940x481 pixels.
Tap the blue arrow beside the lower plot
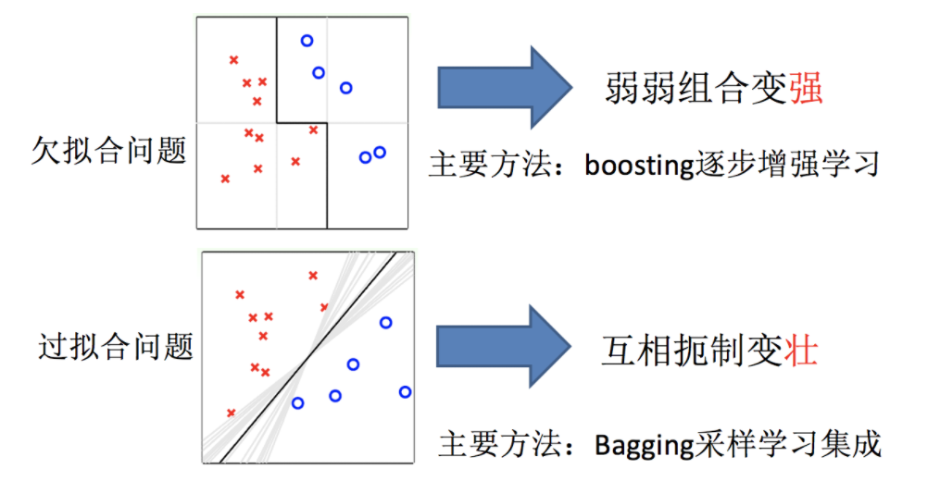pyautogui.click(x=504, y=348)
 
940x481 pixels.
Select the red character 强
pyautogui.click(x=807, y=89)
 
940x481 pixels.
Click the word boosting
pyautogui.click(x=639, y=166)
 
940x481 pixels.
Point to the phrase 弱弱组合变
pyautogui.click(x=696, y=89)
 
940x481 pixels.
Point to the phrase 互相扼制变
pyautogui.click(x=692, y=352)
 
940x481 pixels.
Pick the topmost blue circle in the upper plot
pyautogui.click(x=307, y=40)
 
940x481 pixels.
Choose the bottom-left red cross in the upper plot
pyautogui.click(x=225, y=179)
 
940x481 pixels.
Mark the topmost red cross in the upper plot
pyautogui.click(x=233, y=60)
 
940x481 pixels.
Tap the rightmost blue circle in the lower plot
pyautogui.click(x=405, y=392)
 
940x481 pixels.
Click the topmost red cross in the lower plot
pyautogui.click(x=313, y=275)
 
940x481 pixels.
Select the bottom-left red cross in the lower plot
pyautogui.click(x=231, y=413)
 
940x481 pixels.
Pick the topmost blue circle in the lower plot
pyautogui.click(x=385, y=323)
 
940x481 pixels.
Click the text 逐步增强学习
pyautogui.click(x=786, y=166)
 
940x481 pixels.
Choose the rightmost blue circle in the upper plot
pyautogui.click(x=379, y=152)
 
